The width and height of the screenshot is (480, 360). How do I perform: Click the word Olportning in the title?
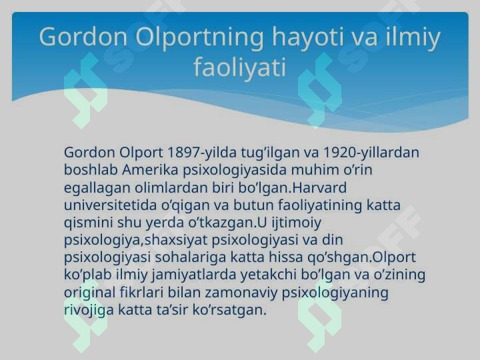(199, 38)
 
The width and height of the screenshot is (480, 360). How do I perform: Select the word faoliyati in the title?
(240, 67)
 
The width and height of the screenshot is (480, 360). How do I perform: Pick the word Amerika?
(150, 169)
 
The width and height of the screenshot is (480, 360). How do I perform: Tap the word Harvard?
(319, 187)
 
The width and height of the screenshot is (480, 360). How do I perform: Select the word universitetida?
(110, 205)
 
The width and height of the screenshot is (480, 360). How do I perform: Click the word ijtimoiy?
(296, 223)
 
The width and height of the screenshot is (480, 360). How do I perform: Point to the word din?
(332, 240)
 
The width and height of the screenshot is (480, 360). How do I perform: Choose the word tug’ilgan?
(271, 152)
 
